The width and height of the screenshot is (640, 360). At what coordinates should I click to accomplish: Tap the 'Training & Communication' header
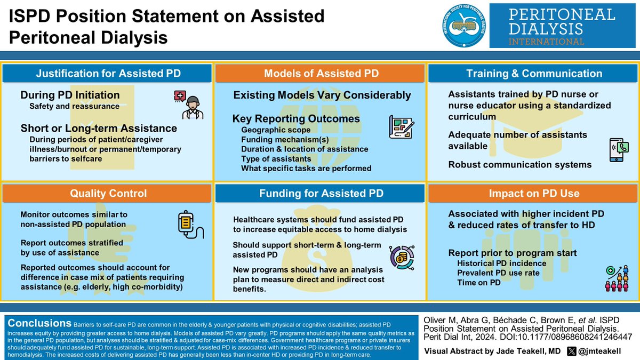(533, 74)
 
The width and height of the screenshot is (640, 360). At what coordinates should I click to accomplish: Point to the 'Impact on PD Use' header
(533, 193)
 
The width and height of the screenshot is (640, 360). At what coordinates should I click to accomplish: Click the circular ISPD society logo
(461, 26)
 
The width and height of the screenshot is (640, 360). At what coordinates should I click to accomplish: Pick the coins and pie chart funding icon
(401, 255)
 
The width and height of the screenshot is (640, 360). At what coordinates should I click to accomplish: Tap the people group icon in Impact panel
(616, 277)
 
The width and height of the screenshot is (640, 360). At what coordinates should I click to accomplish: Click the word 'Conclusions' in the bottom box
(37, 323)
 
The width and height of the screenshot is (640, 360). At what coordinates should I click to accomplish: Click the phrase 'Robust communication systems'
(519, 164)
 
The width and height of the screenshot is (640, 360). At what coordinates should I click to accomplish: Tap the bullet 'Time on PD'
(479, 283)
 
